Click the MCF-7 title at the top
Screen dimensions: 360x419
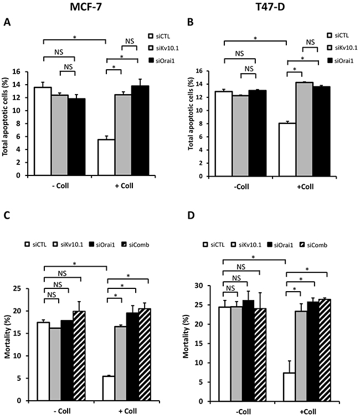pyautogui.click(x=86, y=7)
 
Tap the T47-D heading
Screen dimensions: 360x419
pyautogui.click(x=270, y=7)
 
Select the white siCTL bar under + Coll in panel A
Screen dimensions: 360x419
pyautogui.click(x=106, y=157)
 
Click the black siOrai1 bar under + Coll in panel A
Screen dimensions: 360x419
pyautogui.click(x=140, y=131)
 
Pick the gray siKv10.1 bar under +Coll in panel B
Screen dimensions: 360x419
pyautogui.click(x=304, y=129)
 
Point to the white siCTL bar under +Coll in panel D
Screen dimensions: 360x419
pyautogui.click(x=289, y=387)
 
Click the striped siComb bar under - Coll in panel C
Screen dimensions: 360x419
pyautogui.click(x=79, y=356)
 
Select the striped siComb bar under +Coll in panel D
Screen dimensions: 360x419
pyautogui.click(x=325, y=350)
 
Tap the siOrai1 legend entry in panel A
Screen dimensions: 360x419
pyautogui.click(x=162, y=61)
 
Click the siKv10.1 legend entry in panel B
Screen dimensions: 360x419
pyautogui.click(x=342, y=48)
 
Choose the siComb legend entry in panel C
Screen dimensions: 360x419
pyautogui.click(x=135, y=245)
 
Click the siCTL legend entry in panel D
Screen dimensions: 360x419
pyautogui.click(x=214, y=245)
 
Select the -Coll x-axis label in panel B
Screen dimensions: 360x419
pyautogui.click(x=241, y=187)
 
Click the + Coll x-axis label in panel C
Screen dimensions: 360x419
pyautogui.click(x=127, y=411)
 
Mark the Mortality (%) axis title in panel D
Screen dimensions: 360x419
pyautogui.click(x=186, y=336)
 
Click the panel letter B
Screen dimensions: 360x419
pyautogui.click(x=190, y=22)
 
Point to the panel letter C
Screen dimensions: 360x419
pyautogui.click(x=7, y=215)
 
